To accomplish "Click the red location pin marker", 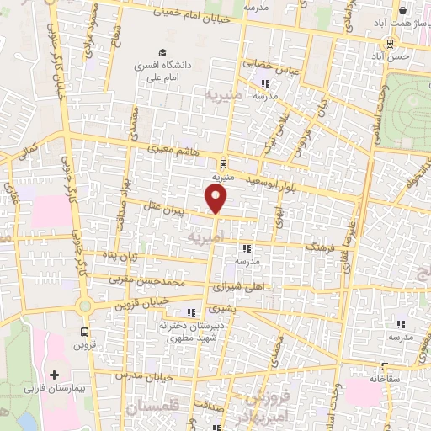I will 216,200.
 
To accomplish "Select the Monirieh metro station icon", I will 222,164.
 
